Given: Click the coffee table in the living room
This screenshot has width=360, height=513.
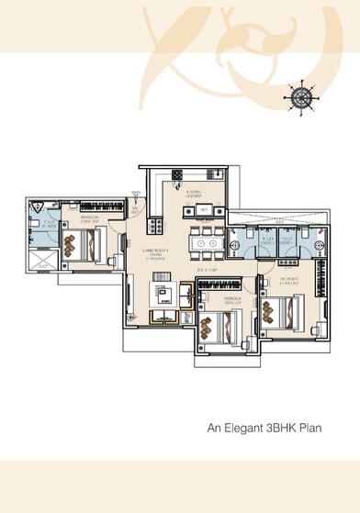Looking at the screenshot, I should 165,294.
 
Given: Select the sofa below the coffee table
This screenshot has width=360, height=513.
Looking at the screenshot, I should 165,317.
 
